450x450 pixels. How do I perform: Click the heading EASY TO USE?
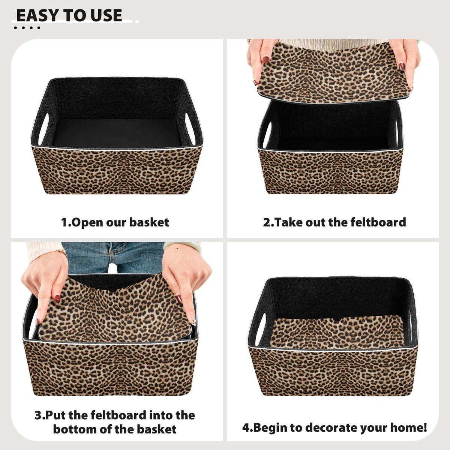click(x=69, y=16)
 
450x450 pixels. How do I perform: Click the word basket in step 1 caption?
click(x=149, y=222)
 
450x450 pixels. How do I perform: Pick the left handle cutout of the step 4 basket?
click(x=261, y=329)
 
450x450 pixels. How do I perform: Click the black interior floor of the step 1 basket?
click(x=117, y=133)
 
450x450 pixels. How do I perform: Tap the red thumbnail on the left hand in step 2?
click(x=266, y=60)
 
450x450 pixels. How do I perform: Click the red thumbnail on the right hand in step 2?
click(x=402, y=66)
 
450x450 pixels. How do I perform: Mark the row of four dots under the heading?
click(x=27, y=28)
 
